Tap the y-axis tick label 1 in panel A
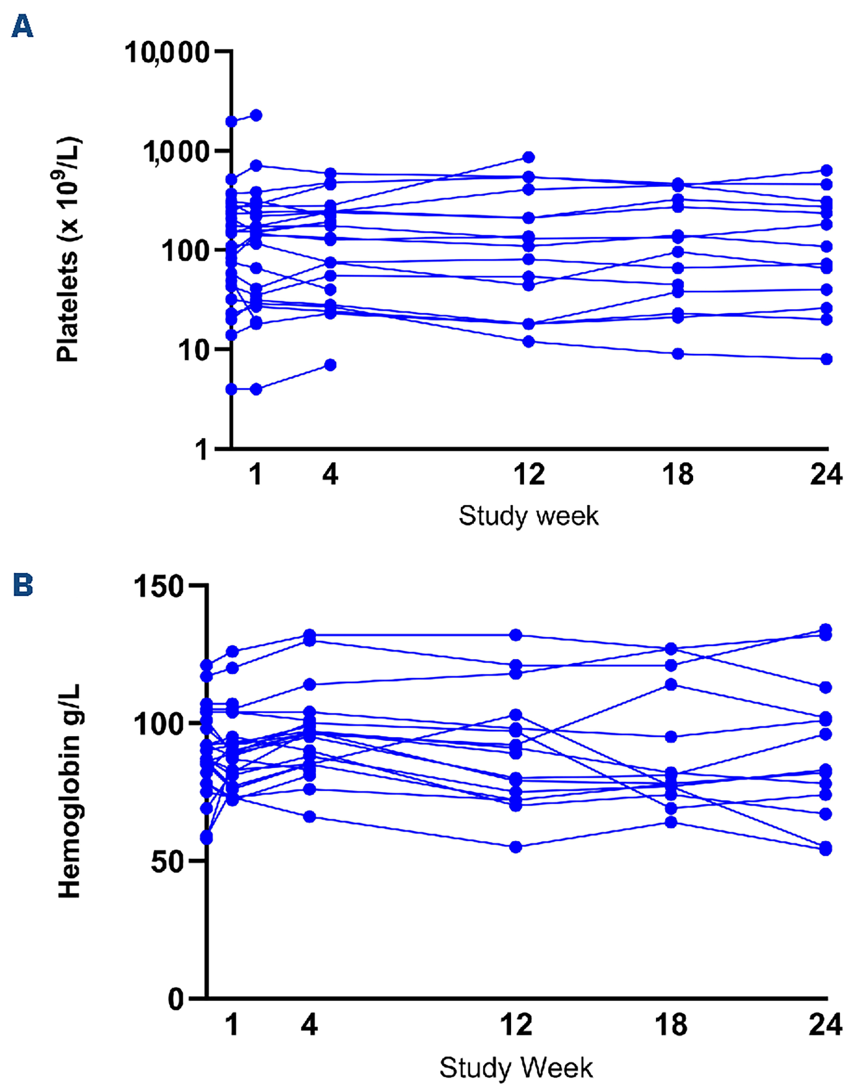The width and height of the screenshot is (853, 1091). tap(202, 450)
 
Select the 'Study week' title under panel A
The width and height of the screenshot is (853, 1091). tap(528, 516)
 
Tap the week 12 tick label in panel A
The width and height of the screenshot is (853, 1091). tap(529, 474)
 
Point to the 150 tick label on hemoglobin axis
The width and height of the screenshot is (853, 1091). tap(158, 586)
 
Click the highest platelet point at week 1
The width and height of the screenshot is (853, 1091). tap(256, 115)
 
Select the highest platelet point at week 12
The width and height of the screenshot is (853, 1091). tap(529, 157)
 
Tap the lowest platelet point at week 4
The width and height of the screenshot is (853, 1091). tap(330, 365)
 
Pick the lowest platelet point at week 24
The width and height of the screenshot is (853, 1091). tap(827, 359)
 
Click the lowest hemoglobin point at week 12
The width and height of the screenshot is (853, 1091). tap(516, 847)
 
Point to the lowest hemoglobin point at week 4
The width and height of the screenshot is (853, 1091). tap(310, 817)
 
